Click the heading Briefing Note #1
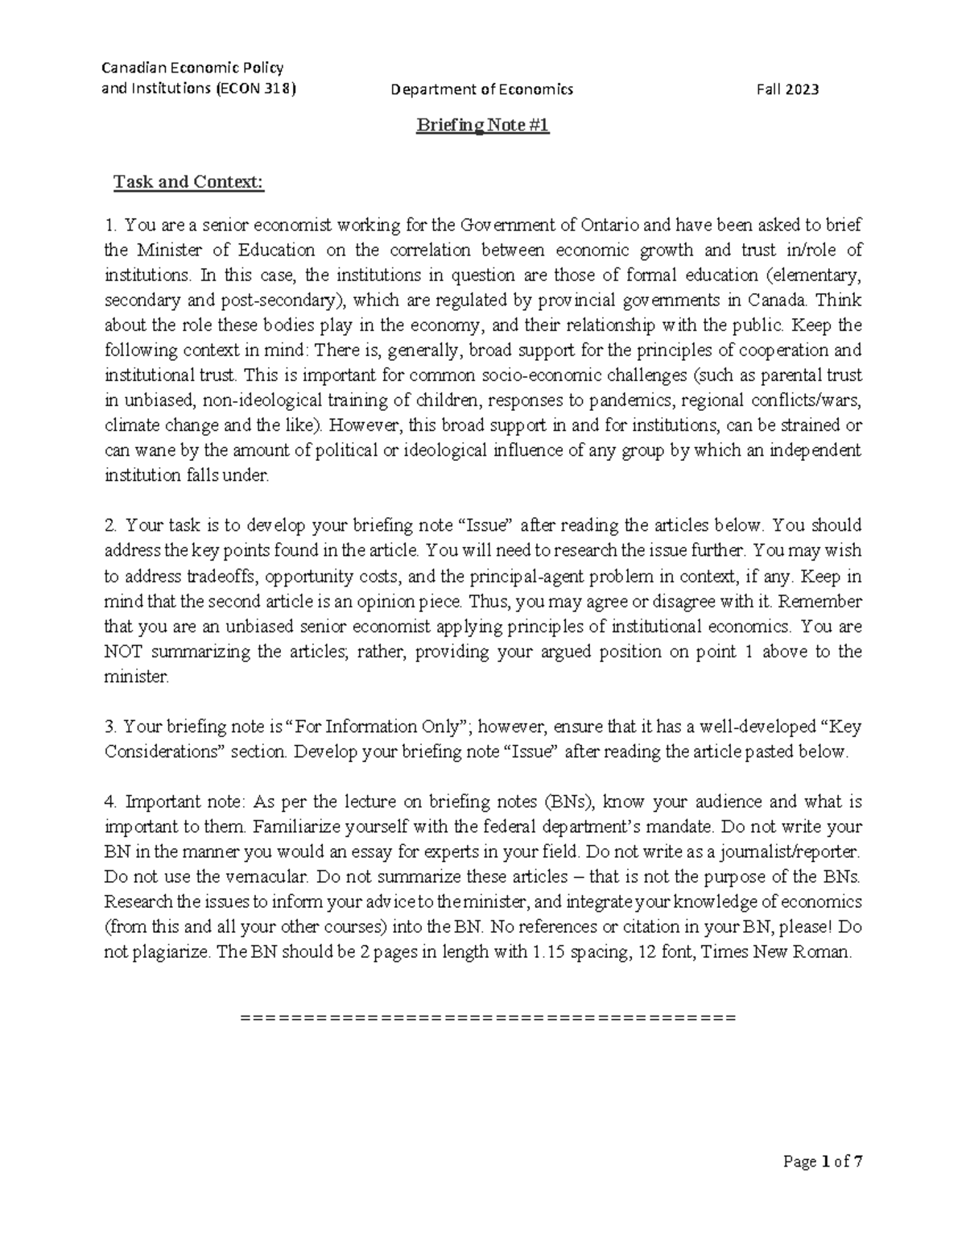click(482, 126)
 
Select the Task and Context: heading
click(188, 182)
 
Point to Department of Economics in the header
click(481, 89)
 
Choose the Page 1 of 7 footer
click(823, 1162)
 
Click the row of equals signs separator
click(488, 1017)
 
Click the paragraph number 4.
click(110, 802)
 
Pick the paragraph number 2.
click(110, 526)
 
